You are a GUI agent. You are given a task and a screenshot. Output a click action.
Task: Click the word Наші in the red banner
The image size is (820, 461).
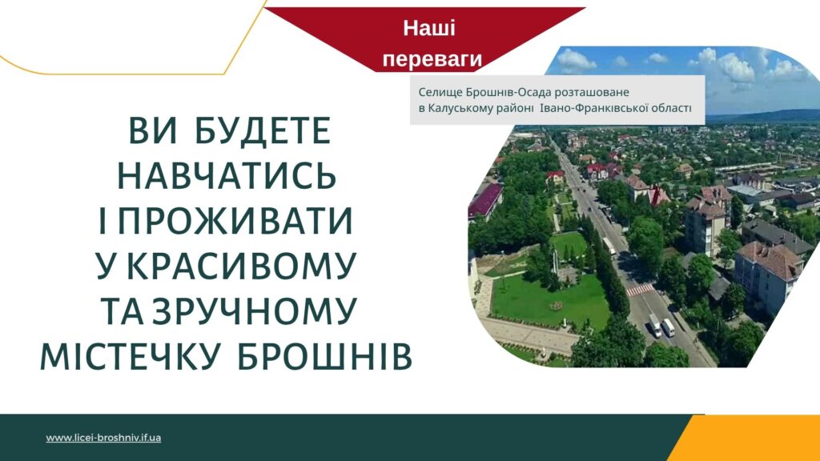[x=429, y=28]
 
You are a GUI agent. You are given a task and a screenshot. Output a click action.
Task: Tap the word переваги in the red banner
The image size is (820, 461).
[x=432, y=59]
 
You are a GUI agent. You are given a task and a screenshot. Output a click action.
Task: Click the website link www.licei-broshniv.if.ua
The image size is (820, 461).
[x=103, y=438]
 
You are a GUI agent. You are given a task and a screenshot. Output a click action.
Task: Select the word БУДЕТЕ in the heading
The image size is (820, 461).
[x=263, y=131]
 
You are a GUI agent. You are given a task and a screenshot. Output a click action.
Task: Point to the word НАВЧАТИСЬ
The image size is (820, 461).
[x=227, y=175]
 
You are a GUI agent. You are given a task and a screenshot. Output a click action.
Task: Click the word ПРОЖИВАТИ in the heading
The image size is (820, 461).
[x=235, y=221]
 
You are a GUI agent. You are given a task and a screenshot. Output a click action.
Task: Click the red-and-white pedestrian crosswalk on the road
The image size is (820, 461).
[x=640, y=289]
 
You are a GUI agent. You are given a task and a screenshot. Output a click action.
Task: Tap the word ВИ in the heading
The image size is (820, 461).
[x=153, y=131]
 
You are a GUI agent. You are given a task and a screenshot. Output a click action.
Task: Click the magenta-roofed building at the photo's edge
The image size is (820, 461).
[x=484, y=200]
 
